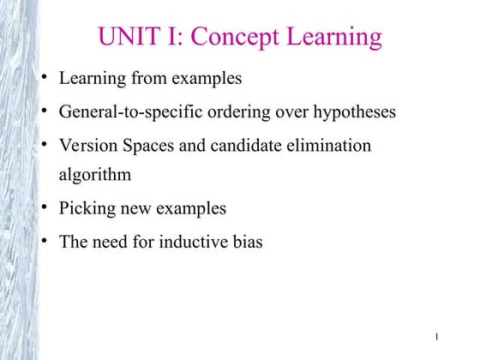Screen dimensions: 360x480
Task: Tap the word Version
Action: pos(87,145)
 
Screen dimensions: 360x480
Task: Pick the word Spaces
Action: pos(148,145)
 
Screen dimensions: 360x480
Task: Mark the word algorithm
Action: pos(95,176)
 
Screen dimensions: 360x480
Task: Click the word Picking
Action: pos(87,208)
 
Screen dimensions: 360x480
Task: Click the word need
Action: pos(112,242)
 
